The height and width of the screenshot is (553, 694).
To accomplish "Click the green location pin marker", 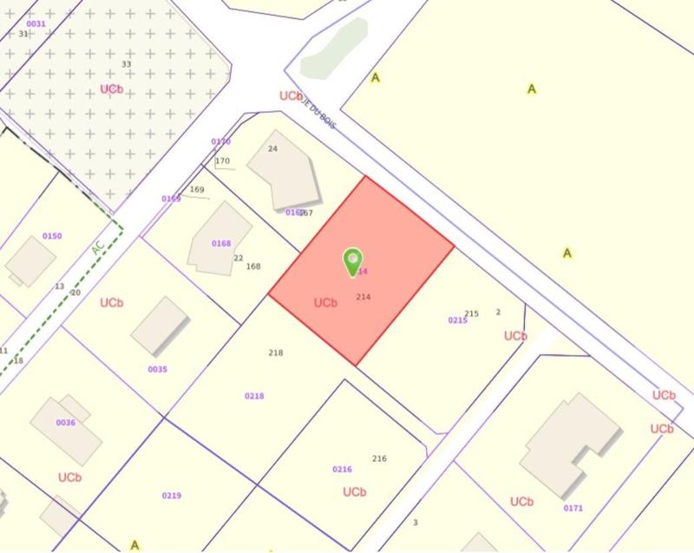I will (352, 260).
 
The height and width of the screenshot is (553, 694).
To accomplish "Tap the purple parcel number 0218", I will (254, 396).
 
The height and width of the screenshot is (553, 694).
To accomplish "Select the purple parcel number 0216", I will (342, 469).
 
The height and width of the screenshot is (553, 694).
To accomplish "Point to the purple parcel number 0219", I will (171, 496).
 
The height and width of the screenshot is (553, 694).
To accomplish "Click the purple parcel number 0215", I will (457, 320).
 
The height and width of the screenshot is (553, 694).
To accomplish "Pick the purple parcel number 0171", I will (573, 507).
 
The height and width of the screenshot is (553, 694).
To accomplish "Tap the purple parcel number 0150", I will (52, 236).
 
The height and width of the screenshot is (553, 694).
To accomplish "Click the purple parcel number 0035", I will (157, 369).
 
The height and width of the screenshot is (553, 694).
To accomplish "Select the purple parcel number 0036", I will (66, 423).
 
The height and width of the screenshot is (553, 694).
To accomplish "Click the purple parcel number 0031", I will (36, 23).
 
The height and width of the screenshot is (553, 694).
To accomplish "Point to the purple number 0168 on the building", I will (221, 243).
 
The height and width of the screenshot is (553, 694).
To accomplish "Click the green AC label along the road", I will (98, 248).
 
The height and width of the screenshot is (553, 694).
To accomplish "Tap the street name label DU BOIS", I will (320, 115).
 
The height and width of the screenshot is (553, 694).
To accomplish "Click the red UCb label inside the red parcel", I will (325, 303).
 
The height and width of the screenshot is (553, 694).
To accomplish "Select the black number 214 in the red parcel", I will (363, 297).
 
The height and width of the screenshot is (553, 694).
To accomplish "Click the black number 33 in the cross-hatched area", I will (127, 64).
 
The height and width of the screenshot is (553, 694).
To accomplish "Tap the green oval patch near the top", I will (330, 48).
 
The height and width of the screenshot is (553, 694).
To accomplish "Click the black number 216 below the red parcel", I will (379, 458).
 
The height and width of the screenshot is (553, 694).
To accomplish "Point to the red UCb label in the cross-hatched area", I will (111, 89).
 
